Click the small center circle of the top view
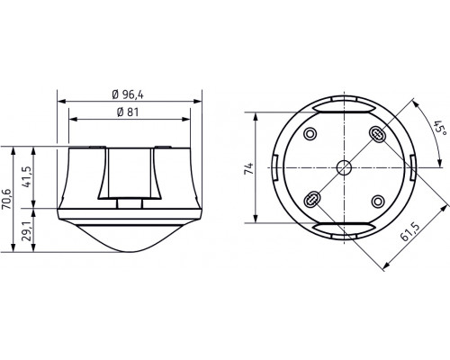click(x=342, y=166)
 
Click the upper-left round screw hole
click(x=311, y=135)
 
